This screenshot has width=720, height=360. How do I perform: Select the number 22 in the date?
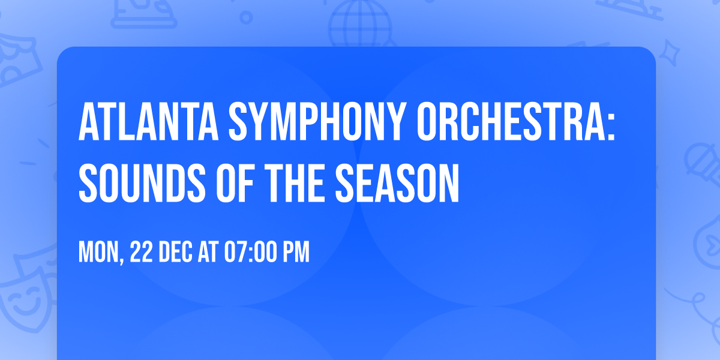point(142,253)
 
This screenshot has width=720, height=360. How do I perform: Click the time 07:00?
point(251,253)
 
